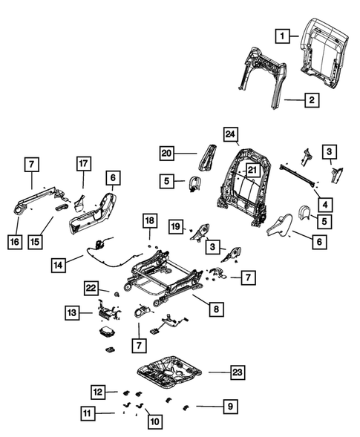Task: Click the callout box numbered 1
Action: click(281, 34)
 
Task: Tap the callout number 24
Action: click(231, 135)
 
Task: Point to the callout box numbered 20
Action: click(168, 153)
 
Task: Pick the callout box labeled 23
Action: click(236, 371)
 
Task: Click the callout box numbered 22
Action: click(91, 288)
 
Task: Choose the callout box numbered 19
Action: click(176, 226)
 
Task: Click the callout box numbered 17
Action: click(83, 163)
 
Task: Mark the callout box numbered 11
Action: click(88, 413)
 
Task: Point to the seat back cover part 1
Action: click(324, 45)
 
